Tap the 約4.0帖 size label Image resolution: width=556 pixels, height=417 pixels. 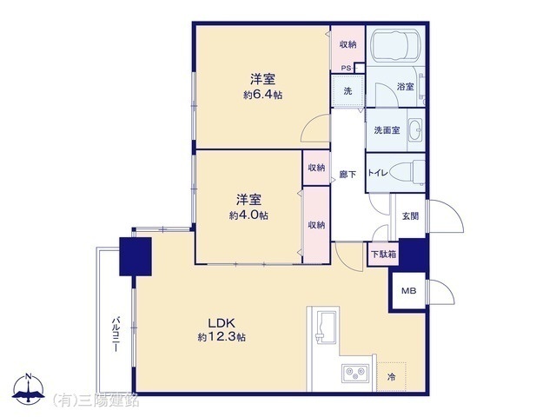coord(248,215)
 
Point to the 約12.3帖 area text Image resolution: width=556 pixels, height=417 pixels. coord(222,337)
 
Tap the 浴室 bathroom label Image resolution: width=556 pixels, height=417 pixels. coord(405,87)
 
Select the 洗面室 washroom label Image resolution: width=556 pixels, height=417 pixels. coord(387,130)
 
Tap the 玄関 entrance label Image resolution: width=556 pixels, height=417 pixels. coord(410,215)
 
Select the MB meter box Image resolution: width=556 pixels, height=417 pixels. coord(407,291)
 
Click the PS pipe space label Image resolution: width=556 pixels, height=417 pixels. coord(345,69)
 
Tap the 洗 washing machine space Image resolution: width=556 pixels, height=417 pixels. coord(347,92)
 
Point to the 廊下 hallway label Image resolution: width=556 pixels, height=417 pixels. coord(346,173)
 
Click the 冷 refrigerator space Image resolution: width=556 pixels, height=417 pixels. coord(392,376)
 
